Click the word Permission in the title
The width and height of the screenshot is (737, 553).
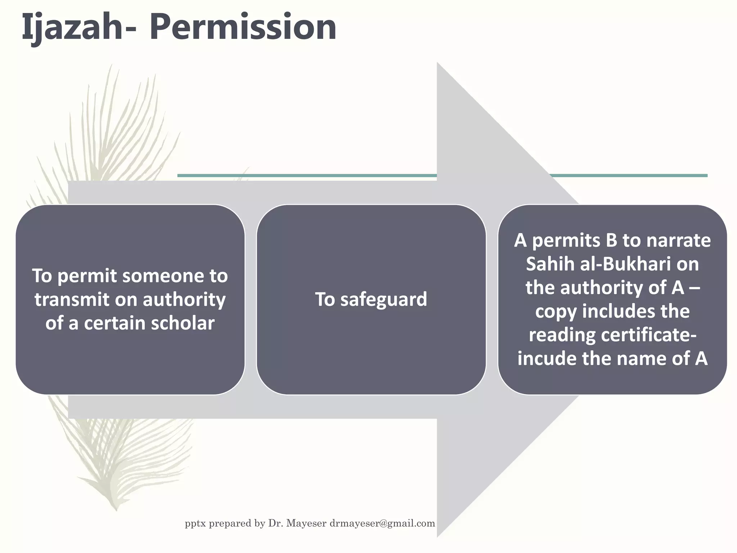[x=245, y=27]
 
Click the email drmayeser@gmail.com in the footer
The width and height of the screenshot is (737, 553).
[x=382, y=523]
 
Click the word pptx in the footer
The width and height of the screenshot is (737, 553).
[x=195, y=523]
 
